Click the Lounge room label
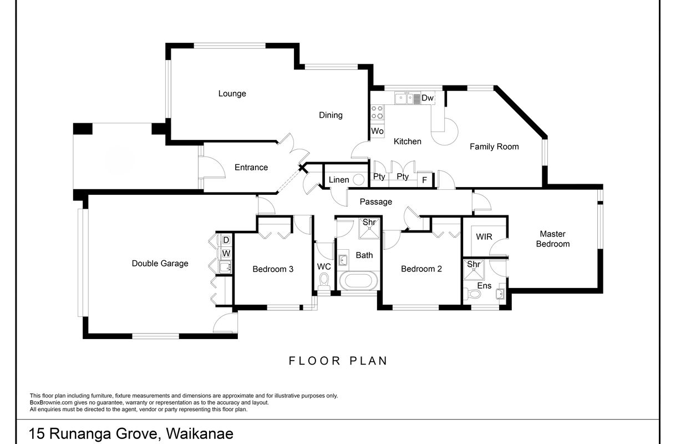point(232,94)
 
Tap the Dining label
point(331,115)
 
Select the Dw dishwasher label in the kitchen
point(427,98)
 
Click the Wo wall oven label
point(377,132)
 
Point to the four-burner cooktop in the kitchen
point(377,112)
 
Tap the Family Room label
point(494,147)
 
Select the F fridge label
point(425,180)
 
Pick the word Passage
point(375,201)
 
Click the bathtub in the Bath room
point(358,280)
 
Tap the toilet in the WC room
point(324,281)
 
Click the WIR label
point(484,237)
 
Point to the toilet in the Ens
point(472,294)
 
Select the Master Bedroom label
point(552,239)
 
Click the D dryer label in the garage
point(226,240)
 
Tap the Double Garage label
point(160,264)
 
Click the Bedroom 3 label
point(273,269)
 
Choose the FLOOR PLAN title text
point(338,361)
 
